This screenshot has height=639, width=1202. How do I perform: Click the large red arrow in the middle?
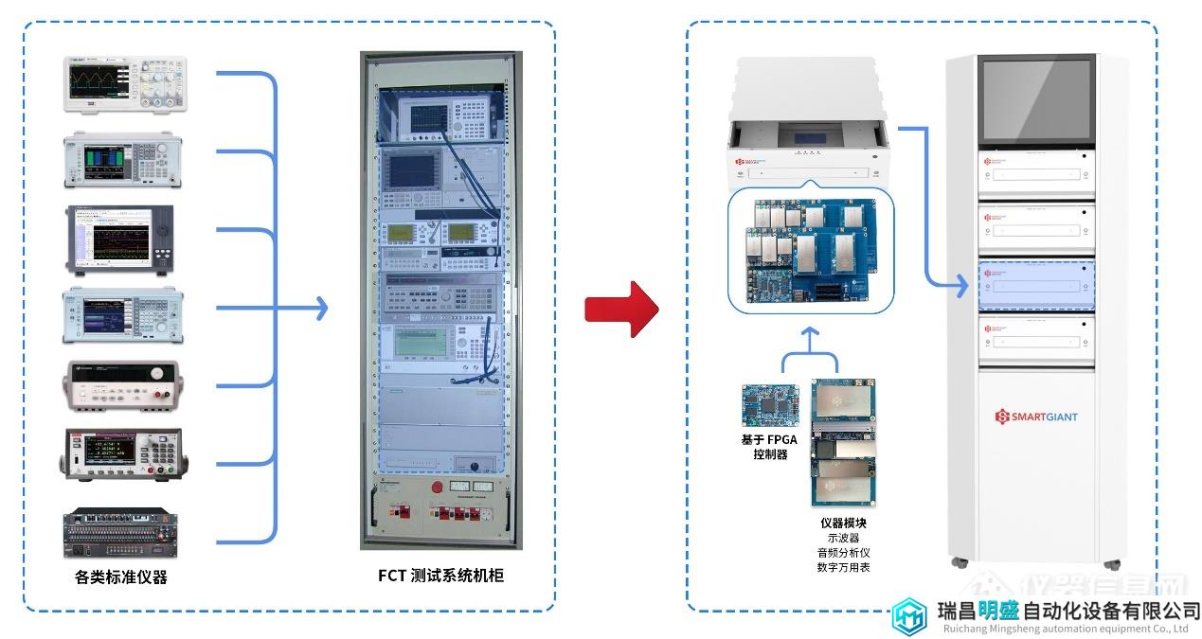pos(620,309)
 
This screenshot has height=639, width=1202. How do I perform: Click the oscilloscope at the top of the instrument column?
pos(125,85)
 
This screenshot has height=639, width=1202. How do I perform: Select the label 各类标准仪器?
pos(121,577)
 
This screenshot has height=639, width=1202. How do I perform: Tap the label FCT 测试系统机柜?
pos(440,575)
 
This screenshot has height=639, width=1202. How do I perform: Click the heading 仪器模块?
pos(843,523)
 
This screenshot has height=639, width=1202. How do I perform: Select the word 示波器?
pos(843,538)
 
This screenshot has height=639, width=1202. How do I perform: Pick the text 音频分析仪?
pos(843,552)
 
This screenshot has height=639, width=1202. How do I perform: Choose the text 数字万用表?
pos(843,567)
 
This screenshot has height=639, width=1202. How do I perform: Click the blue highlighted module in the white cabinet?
pos(1036,285)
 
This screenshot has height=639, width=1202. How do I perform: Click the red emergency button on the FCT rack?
pos(438,488)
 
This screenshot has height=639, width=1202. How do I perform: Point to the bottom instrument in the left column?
pos(122,534)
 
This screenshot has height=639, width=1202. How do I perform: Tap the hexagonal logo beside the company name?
pos(910,616)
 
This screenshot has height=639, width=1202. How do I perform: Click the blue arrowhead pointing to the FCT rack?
pos(322,308)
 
